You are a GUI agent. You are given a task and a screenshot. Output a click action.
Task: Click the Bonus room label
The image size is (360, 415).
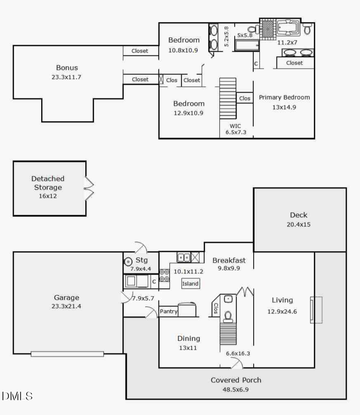67,68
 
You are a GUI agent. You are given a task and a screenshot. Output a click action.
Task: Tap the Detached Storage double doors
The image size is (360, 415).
88,188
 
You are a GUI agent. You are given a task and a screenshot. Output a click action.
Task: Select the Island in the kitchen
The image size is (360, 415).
190,284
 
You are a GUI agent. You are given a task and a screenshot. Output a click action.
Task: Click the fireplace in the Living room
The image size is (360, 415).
316,310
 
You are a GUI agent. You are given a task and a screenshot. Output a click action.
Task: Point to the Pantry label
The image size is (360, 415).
168,311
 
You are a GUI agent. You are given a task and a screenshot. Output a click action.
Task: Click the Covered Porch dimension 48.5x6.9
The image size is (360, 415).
236,389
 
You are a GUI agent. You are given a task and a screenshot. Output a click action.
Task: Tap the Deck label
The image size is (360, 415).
299,215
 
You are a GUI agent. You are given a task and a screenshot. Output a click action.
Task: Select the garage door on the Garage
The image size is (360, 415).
67,354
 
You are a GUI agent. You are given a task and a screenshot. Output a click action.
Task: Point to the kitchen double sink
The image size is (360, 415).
184,257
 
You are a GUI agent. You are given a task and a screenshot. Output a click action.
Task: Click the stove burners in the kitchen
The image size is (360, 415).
164,275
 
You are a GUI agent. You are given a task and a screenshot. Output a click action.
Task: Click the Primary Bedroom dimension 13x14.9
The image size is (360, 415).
284,107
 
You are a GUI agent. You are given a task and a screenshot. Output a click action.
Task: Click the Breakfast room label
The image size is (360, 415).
229,260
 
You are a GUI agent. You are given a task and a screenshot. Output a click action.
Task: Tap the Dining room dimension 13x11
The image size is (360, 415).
189,348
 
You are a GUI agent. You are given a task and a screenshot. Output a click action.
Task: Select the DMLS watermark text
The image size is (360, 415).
17,396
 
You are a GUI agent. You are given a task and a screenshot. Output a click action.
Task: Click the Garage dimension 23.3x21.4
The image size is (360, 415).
66,306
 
